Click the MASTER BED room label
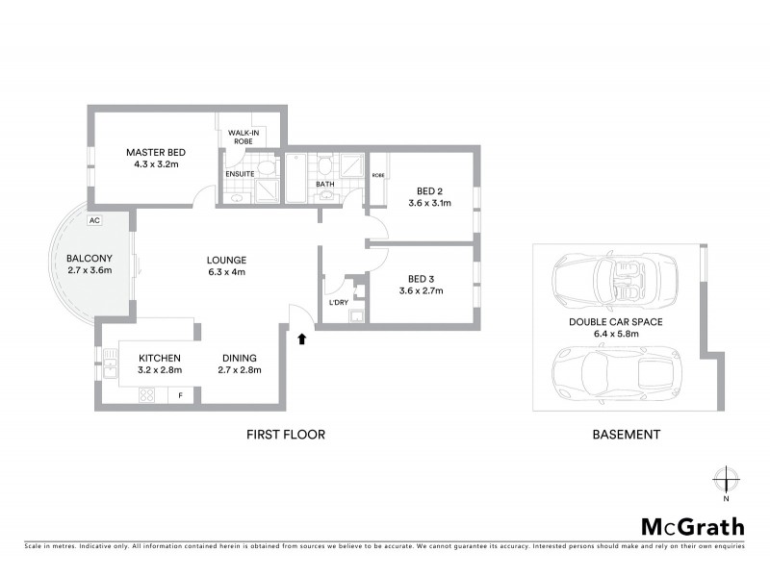[156, 152]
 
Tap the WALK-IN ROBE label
[241, 137]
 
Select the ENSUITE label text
[240, 174]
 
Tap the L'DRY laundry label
[338, 303]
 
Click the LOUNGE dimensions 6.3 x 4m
[227, 272]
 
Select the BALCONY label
[90, 258]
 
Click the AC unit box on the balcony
[94, 220]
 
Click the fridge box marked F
[180, 394]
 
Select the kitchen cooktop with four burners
[148, 394]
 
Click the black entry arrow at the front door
[304, 338]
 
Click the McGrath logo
[692, 526]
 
